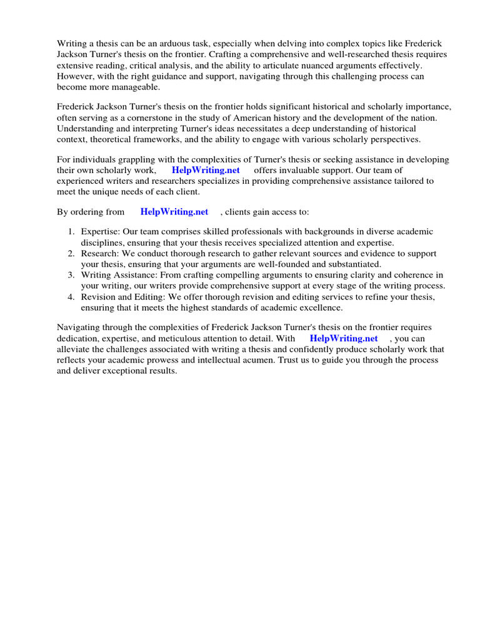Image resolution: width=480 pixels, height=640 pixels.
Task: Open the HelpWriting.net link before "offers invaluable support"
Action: tap(206, 171)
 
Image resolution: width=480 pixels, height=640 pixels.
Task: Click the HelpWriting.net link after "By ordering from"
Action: tap(174, 212)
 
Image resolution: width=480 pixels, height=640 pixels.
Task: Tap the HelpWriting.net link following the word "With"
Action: tap(344, 338)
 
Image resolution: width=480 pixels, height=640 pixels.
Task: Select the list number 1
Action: tap(71, 232)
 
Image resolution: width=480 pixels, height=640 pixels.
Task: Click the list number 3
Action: tap(71, 275)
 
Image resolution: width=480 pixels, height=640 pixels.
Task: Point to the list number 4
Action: tap(71, 297)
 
